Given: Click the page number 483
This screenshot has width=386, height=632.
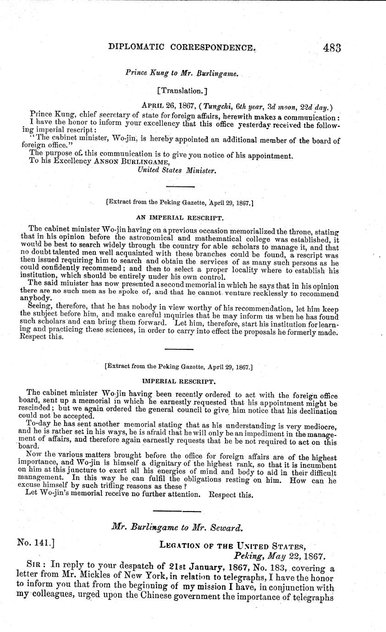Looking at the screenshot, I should tap(332, 48).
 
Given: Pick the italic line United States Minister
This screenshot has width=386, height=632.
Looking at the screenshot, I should tap(176, 170).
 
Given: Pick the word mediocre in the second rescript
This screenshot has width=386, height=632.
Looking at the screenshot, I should tap(322, 426).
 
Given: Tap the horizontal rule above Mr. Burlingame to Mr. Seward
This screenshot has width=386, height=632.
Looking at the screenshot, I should tap(176, 511).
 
